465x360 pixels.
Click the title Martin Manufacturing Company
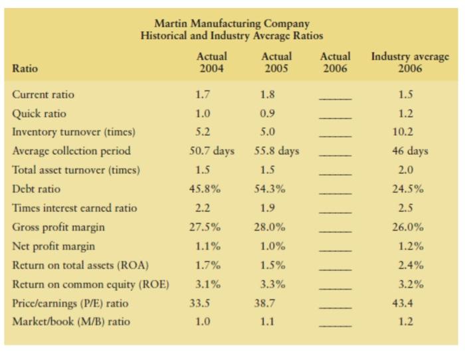click(x=232, y=24)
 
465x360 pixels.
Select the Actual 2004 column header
click(x=213, y=62)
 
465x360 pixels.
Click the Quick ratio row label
click(x=39, y=114)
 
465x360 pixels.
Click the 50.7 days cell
click(x=213, y=151)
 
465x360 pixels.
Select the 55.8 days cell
click(x=277, y=151)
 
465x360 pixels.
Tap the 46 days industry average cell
click(x=410, y=151)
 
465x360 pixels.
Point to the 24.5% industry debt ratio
click(x=410, y=189)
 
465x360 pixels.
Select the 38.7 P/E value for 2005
click(x=269, y=304)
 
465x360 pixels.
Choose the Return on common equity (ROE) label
click(x=90, y=284)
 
